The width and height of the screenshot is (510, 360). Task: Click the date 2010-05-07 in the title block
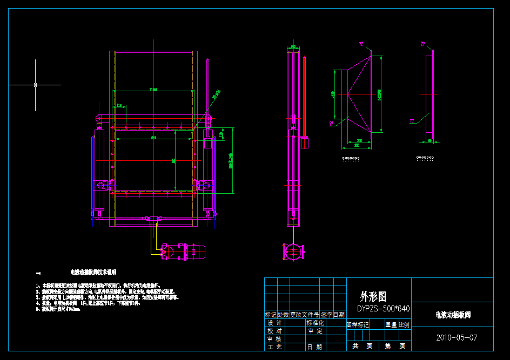click(457, 338)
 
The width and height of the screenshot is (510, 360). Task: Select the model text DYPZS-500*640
click(383, 309)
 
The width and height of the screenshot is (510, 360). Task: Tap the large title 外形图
click(373, 296)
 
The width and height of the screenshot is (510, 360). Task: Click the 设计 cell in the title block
click(275, 323)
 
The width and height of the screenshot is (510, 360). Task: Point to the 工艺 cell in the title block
click(275, 347)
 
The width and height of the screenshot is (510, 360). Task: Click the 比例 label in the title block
click(404, 325)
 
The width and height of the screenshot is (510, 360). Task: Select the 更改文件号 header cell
click(305, 314)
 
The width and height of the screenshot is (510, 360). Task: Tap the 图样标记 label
click(358, 325)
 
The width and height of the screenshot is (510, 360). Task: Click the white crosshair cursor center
click(36, 85)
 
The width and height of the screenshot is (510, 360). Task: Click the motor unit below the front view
click(184, 252)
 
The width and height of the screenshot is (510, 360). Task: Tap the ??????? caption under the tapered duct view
click(351, 159)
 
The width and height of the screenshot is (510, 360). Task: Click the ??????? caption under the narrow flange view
click(425, 159)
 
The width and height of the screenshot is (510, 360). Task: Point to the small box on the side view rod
click(304, 143)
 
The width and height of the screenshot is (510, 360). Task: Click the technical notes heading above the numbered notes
click(93, 272)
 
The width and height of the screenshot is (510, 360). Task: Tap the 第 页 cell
click(395, 346)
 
